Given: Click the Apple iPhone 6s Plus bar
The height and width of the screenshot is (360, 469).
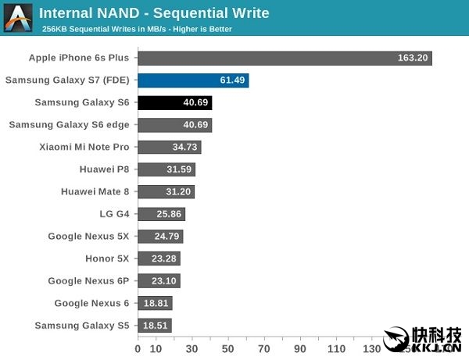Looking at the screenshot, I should pyautogui.click(x=285, y=58).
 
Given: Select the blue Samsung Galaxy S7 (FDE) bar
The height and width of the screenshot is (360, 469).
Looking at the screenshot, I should pyautogui.click(x=193, y=80).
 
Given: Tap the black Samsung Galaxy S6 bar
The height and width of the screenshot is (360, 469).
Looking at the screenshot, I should pyautogui.click(x=175, y=102).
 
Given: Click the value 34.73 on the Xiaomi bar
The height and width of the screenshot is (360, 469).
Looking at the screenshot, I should pyautogui.click(x=184, y=147).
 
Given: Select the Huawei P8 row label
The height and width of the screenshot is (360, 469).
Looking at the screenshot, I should pyautogui.click(x=104, y=169).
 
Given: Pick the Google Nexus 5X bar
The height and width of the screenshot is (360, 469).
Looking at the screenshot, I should pyautogui.click(x=160, y=236).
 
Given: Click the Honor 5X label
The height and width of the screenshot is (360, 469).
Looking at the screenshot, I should pyautogui.click(x=107, y=258).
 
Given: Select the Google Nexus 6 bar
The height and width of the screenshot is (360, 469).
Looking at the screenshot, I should pyautogui.click(x=155, y=303).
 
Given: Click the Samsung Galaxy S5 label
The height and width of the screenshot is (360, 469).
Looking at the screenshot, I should pyautogui.click(x=83, y=326).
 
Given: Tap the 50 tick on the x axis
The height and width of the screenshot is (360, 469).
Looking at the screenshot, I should pyautogui.click(x=228, y=348).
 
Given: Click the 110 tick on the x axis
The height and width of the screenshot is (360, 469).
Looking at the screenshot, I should pyautogui.click(x=337, y=348).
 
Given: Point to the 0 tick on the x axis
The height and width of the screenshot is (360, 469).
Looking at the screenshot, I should pyautogui.click(x=138, y=348).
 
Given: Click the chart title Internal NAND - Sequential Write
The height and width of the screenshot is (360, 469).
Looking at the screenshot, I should pyautogui.click(x=154, y=13).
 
